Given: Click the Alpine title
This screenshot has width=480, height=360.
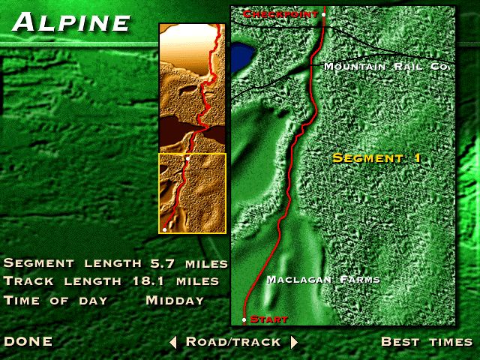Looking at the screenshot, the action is click(72, 22).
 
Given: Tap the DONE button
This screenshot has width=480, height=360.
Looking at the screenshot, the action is click(28, 342).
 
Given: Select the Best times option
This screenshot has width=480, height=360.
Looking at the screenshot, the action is click(427, 342).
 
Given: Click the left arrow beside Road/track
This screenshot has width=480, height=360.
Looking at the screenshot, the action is click(173, 343).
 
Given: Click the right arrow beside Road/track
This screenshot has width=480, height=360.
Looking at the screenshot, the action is click(294, 343).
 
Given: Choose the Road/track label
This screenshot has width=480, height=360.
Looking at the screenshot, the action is click(233, 342).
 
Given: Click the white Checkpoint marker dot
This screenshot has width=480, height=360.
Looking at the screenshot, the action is click(323, 14).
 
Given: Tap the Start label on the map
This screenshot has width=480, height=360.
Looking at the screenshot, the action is click(268, 319).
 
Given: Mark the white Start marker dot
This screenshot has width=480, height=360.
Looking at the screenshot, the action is click(244, 320).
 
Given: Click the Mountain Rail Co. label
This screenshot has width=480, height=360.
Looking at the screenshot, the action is click(385, 67).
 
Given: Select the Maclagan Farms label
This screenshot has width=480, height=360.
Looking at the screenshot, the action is click(323, 280).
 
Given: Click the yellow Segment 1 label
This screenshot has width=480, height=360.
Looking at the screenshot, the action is click(376, 158).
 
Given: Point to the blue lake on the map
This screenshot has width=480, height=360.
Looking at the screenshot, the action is click(241, 57).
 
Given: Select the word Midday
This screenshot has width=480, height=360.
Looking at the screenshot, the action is click(175, 300).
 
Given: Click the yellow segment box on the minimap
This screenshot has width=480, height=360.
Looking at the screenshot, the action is click(192, 193).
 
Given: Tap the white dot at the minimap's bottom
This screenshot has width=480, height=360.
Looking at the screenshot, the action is click(164, 230).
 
